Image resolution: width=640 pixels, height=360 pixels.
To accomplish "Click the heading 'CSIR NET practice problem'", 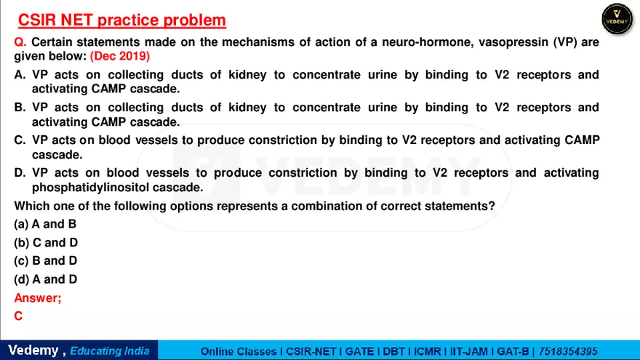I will (121, 20).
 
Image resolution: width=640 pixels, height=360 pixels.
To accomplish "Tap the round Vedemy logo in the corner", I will (617, 19).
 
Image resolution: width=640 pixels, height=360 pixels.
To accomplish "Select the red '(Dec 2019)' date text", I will (120, 55).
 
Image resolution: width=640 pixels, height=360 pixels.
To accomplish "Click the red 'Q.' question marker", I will (20, 42).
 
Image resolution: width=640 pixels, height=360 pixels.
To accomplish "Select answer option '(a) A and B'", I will (45, 224).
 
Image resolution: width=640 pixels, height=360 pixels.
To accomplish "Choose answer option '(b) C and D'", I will (46, 242).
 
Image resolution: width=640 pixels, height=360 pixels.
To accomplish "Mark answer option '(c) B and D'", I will (46, 260).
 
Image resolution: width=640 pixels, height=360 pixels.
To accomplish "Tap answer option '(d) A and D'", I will (46, 279).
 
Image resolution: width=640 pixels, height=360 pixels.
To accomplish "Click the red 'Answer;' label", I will (38, 297).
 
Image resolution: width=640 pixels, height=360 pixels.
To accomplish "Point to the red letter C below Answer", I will (18, 316).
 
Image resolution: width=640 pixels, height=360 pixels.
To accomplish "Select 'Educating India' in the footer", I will (110, 351).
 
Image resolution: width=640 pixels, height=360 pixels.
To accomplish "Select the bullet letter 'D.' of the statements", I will (20, 173).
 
